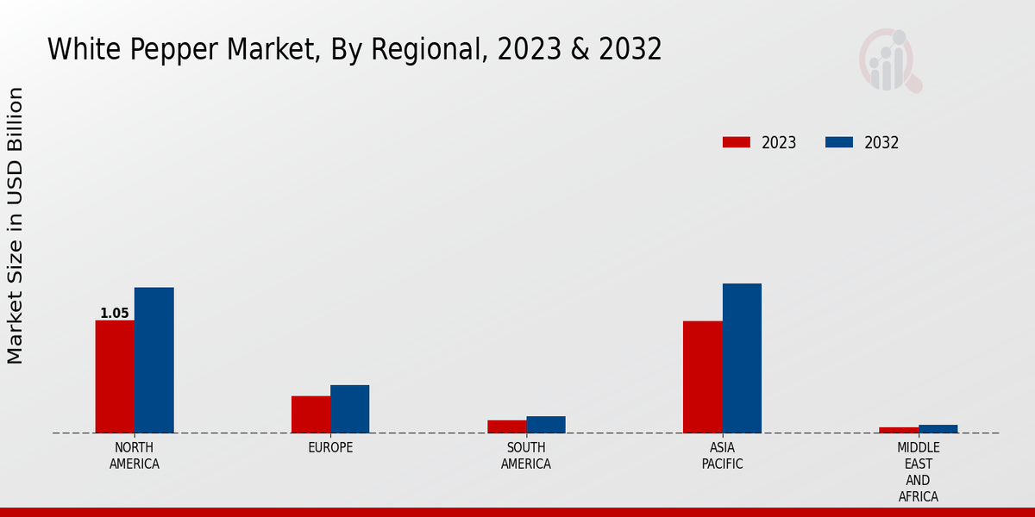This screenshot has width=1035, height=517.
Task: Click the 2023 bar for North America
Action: point(115,377)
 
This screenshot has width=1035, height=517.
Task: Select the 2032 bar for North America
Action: point(154,360)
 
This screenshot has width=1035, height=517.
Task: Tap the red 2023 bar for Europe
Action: point(310,414)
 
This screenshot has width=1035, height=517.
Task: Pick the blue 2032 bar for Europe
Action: point(349,408)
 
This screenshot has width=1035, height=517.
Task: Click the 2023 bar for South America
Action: point(506,427)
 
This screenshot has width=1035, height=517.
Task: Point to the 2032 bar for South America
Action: point(546,425)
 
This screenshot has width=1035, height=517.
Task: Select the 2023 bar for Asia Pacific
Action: point(702,377)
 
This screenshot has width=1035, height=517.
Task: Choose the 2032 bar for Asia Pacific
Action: point(742,358)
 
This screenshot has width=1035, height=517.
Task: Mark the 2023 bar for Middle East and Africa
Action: point(899,430)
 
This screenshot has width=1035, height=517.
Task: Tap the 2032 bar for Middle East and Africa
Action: point(938,429)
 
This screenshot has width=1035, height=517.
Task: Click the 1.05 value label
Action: point(115,314)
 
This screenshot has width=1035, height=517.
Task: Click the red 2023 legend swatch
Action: point(737,142)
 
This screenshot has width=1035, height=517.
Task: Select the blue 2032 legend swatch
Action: point(839,142)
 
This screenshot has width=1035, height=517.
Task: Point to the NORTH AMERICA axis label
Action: point(135,456)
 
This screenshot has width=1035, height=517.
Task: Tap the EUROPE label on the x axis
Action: point(330,448)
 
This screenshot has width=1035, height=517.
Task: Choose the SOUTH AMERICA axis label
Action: point(526,456)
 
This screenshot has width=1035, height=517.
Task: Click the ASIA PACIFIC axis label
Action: point(722,456)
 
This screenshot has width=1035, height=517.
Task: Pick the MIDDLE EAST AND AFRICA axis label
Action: point(918,472)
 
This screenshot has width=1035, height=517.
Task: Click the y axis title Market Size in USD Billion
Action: point(16,226)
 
